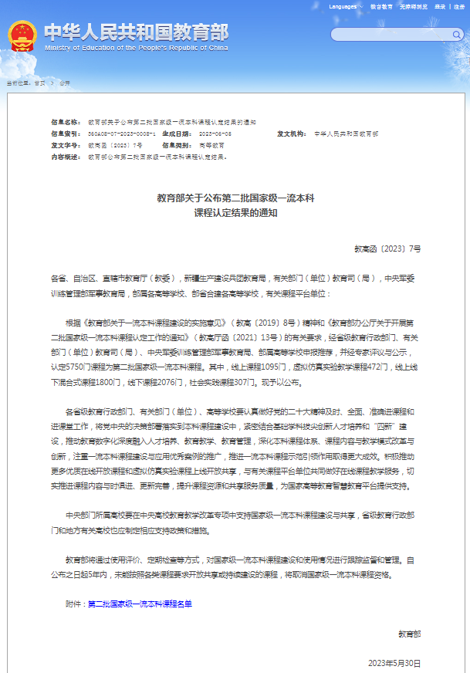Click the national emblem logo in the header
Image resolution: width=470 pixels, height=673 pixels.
22,36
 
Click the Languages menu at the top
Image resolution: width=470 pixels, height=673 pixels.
345,6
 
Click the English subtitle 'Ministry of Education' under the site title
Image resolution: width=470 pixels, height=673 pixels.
136,47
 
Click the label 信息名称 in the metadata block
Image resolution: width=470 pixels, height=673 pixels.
66,123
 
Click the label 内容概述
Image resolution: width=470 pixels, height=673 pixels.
66,156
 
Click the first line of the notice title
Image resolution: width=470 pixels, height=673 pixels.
235,198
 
